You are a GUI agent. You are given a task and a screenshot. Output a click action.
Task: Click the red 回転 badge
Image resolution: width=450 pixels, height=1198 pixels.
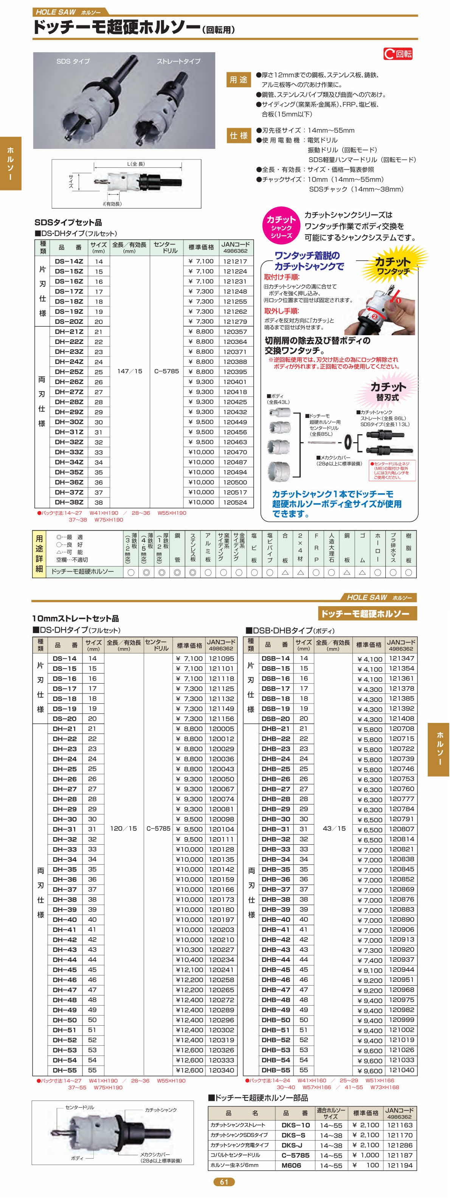coord(398,54)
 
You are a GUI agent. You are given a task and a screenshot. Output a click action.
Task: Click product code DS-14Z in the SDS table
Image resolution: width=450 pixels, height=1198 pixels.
coord(69,262)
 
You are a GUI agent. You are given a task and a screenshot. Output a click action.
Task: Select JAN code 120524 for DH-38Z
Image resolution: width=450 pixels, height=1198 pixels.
coord(235,502)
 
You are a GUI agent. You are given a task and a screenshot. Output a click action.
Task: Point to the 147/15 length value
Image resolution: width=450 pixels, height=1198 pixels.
coord(129,371)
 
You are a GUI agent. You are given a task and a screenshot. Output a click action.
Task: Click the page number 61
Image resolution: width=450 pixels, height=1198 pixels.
coord(224,1182)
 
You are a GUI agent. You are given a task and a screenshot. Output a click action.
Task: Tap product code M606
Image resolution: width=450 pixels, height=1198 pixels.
coord(291,1165)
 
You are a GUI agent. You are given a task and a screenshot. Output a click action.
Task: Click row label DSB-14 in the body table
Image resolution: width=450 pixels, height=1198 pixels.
coord(276,659)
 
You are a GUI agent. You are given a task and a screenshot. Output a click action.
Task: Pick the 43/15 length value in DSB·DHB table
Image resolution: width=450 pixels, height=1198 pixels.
coord(334,828)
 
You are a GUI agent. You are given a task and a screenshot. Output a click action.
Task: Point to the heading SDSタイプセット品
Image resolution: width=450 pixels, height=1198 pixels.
coord(68,222)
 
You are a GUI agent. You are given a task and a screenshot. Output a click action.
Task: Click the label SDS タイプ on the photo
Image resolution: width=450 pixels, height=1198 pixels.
coord(73,61)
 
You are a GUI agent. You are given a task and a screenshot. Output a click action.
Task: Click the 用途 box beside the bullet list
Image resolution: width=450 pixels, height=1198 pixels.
coord(238,80)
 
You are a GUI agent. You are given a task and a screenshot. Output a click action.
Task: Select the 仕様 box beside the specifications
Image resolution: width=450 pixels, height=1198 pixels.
coord(238,135)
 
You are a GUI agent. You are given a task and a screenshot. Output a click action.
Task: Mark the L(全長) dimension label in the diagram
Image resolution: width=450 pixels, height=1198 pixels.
coord(136,164)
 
